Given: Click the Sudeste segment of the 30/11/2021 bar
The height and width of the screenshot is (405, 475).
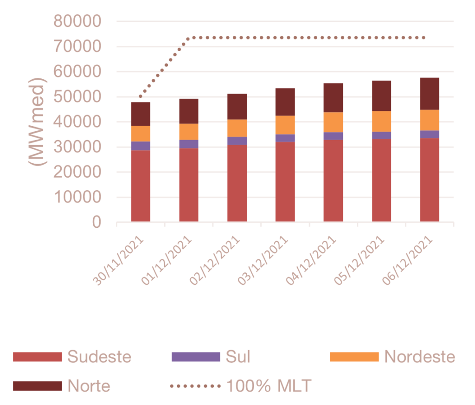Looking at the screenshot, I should [141, 186].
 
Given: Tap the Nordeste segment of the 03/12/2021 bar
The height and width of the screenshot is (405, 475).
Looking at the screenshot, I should [285, 125].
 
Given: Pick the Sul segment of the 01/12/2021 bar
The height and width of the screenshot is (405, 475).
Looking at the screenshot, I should [189, 144].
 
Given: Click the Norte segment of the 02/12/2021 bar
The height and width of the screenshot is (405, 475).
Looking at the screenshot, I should [237, 106].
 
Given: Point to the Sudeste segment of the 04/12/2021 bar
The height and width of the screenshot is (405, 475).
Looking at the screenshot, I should [334, 180].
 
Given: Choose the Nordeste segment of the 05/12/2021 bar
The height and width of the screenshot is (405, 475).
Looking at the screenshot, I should [381, 121].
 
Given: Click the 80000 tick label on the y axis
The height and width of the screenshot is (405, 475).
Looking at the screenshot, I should [78, 21].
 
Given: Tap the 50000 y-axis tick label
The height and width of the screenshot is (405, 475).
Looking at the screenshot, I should [78, 97].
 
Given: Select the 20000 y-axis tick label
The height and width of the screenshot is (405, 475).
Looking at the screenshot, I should [78, 173].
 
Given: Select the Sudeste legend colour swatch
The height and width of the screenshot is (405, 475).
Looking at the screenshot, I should [37, 357].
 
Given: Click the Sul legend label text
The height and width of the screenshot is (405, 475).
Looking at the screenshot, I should [238, 357].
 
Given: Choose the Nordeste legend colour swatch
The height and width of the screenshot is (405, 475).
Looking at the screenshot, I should [354, 357].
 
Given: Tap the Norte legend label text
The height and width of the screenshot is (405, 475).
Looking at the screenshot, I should [89, 386].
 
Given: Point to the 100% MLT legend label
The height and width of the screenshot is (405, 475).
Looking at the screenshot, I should [269, 386].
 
